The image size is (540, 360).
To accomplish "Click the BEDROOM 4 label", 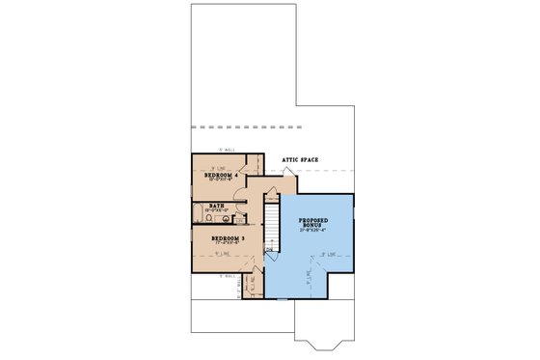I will click(221, 175).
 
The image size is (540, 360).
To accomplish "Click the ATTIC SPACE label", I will click(300, 160).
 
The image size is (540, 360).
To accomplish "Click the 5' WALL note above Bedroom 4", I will click(228, 150).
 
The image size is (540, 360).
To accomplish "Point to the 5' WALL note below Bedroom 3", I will click(228, 278).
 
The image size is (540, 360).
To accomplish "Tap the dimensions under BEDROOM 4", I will click(221, 180).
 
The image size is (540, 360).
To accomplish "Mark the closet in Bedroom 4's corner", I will click(255, 165).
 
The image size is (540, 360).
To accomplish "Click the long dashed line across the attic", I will click(260, 126).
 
